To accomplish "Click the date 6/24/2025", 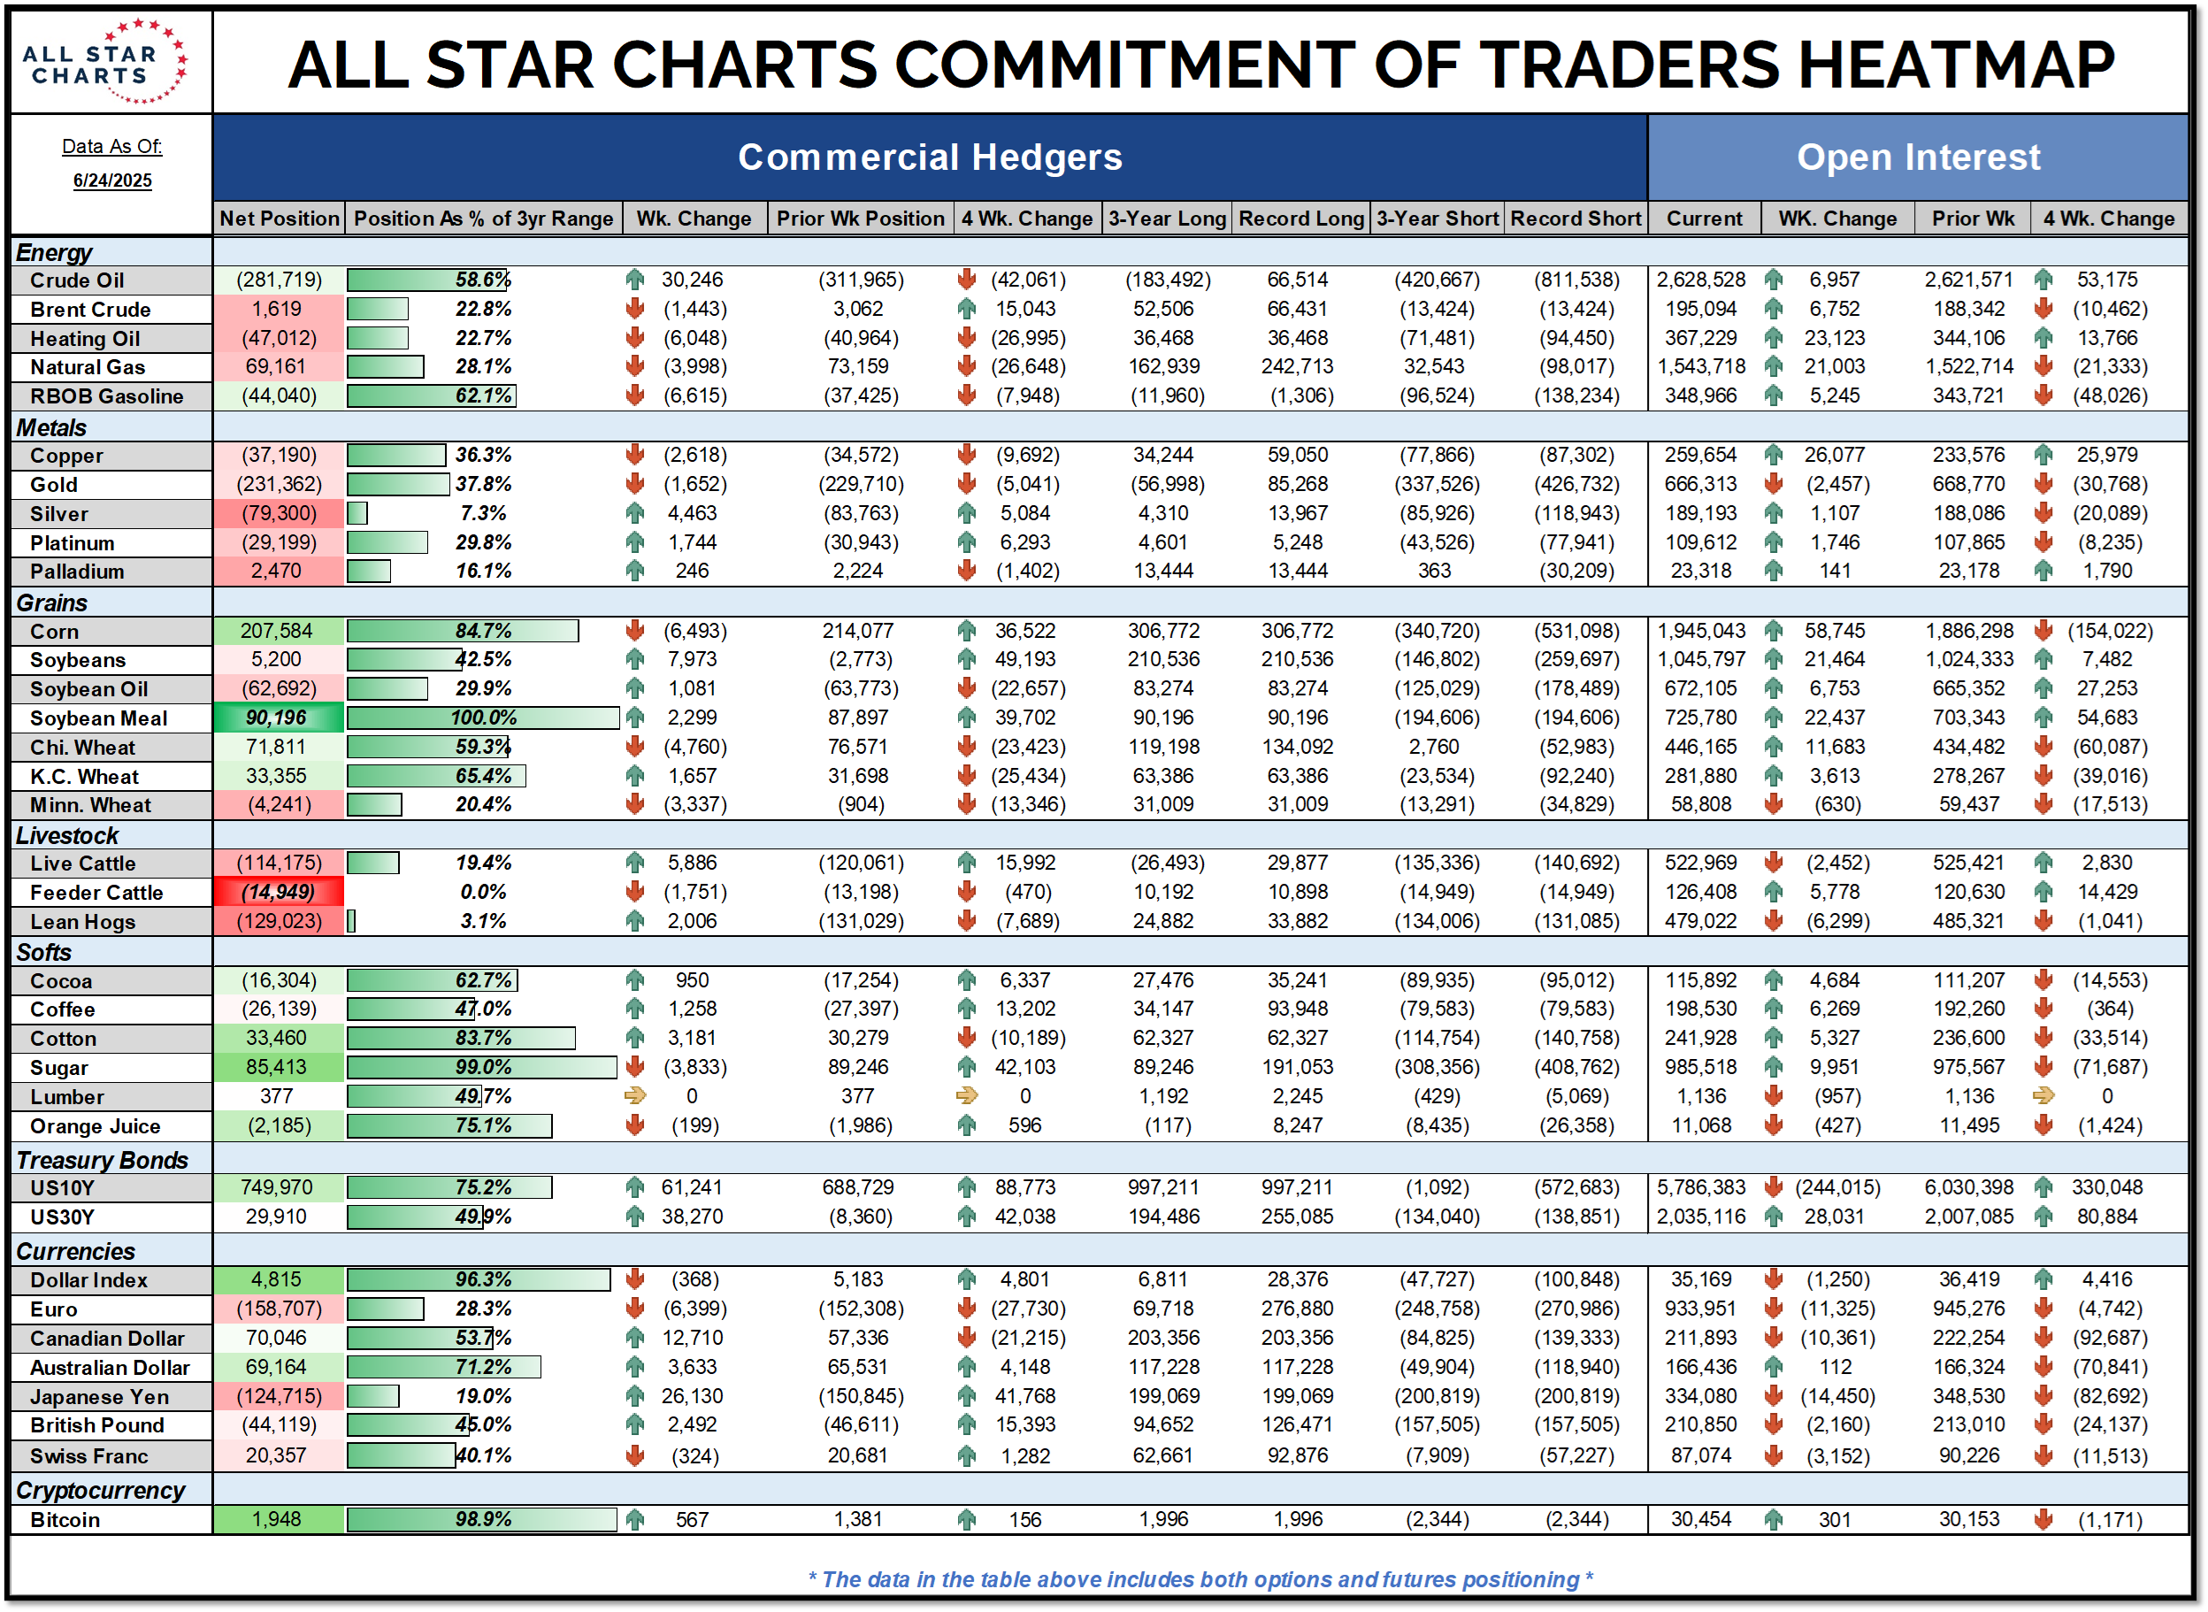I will pyautogui.click(x=112, y=180).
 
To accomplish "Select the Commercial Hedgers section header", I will pyautogui.click(x=929, y=157).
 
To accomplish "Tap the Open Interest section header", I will pyautogui.click(x=1917, y=157).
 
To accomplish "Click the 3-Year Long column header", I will pyautogui.click(x=1166, y=219).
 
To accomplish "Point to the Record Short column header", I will pyautogui.click(x=1575, y=219).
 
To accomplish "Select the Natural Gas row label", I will pyautogui.click(x=88, y=368).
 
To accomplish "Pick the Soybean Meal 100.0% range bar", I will pyautogui.click(x=483, y=718).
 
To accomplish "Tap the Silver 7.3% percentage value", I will pyautogui.click(x=483, y=513).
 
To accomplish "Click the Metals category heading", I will pyautogui.click(x=51, y=427).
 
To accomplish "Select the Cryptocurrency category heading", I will pyautogui.click(x=101, y=1490).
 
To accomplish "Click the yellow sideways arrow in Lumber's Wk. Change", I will pyautogui.click(x=635, y=1096).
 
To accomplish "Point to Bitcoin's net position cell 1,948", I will pyautogui.click(x=277, y=1519).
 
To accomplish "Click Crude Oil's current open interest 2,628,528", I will pyautogui.click(x=1700, y=280).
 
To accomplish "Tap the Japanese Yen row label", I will pyautogui.click(x=100, y=1397).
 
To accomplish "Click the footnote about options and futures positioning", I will pyautogui.click(x=1200, y=1579).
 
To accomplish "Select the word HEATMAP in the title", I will pyautogui.click(x=1955, y=65).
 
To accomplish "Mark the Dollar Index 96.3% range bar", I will pyautogui.click(x=478, y=1279).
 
